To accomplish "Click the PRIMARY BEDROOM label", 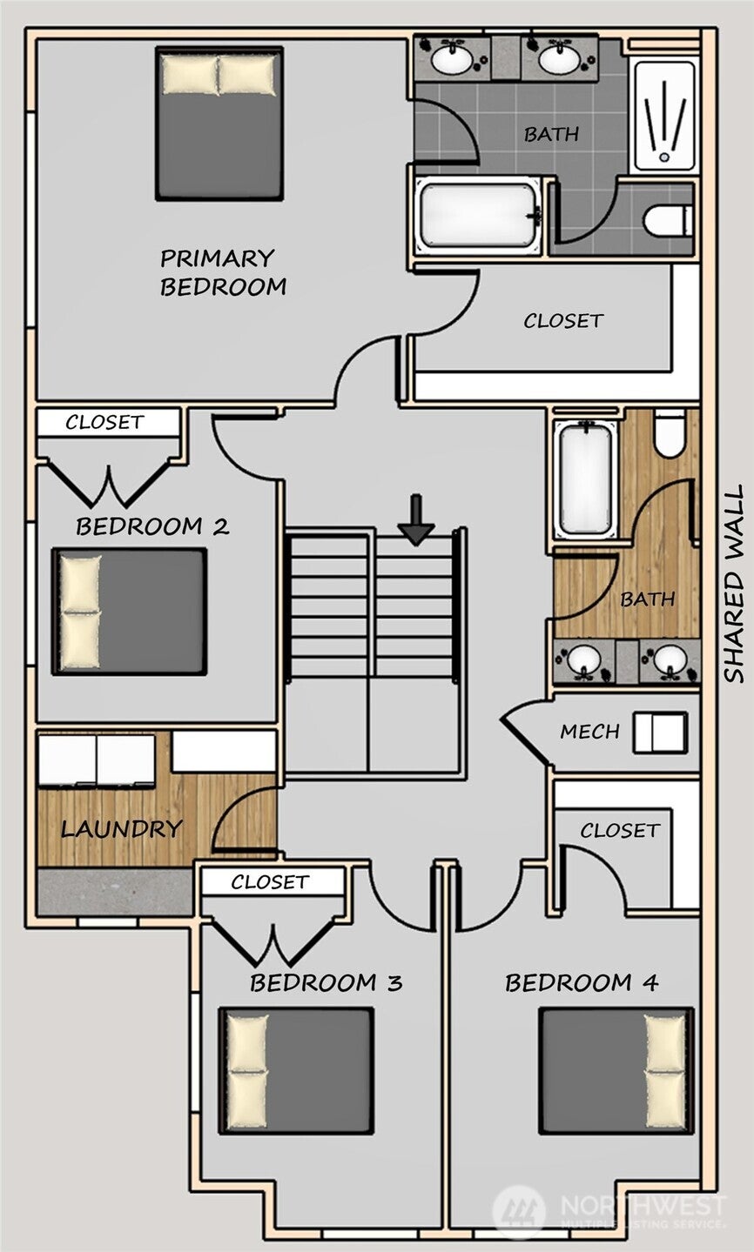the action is [223, 272].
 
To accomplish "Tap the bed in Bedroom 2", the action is [130, 612].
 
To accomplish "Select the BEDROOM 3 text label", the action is [327, 982].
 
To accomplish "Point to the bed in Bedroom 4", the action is [616, 1071].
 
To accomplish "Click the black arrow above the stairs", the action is [416, 519].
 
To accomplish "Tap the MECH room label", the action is [590, 732].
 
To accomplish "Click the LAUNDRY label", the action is [122, 829].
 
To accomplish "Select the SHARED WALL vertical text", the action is [734, 584].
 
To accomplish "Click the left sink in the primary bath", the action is [452, 57].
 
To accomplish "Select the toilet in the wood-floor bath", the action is [670, 432].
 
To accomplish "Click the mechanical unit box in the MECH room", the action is [660, 733].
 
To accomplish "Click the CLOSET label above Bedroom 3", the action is [270, 882].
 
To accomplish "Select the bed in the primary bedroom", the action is [219, 124].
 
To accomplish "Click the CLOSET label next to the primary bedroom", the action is [563, 321].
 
